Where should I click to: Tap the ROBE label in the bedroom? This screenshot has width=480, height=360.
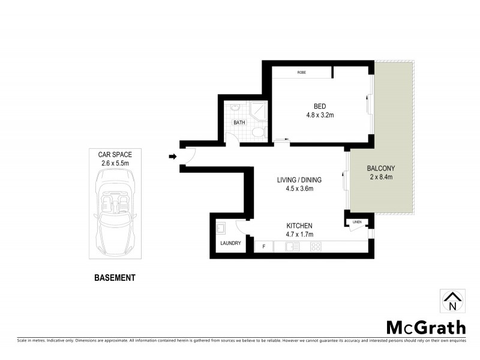(302, 73)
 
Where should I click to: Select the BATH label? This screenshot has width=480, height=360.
(239, 122)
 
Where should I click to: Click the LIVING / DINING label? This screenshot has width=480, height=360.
(299, 179)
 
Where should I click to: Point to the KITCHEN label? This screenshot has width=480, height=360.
(299, 226)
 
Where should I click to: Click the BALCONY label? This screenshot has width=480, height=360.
(380, 168)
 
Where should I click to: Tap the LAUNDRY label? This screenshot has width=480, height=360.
(230, 243)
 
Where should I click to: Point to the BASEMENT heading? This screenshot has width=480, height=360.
(115, 278)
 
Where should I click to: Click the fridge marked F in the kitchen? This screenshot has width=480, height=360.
(263, 247)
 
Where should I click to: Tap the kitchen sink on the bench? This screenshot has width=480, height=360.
(292, 247)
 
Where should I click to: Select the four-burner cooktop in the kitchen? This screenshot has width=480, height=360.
(316, 247)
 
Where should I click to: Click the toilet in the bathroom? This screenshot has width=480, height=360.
(258, 132)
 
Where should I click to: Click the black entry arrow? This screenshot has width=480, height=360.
(172, 157)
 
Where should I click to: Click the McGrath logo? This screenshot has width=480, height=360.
(425, 327)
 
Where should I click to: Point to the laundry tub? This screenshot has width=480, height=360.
(220, 228)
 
